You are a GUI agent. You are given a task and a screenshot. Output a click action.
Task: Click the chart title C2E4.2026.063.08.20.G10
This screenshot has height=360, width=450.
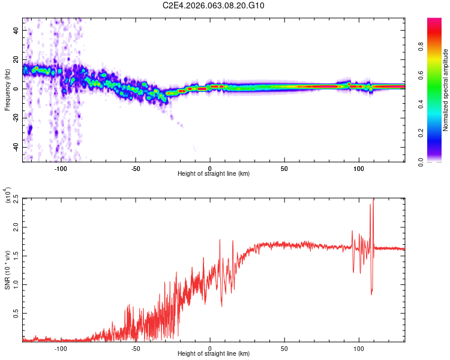[x=214, y=5]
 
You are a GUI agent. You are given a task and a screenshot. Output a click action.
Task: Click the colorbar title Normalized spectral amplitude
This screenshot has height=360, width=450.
[x=446, y=90]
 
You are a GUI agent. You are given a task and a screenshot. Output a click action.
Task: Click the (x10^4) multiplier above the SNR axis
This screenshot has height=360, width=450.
[x=7, y=196]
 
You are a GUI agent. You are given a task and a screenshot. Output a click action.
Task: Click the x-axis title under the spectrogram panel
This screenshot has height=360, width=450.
[x=214, y=174]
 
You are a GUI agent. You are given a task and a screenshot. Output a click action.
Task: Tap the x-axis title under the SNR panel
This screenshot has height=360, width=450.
[x=214, y=354]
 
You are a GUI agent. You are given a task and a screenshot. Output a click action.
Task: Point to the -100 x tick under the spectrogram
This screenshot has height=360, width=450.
[x=61, y=168]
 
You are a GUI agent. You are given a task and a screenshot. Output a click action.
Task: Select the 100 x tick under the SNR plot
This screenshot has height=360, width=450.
[x=359, y=348]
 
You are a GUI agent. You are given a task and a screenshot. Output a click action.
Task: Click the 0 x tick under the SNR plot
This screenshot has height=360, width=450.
[x=210, y=348]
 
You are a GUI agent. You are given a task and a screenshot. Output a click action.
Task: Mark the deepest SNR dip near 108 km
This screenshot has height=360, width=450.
[x=372, y=294]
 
